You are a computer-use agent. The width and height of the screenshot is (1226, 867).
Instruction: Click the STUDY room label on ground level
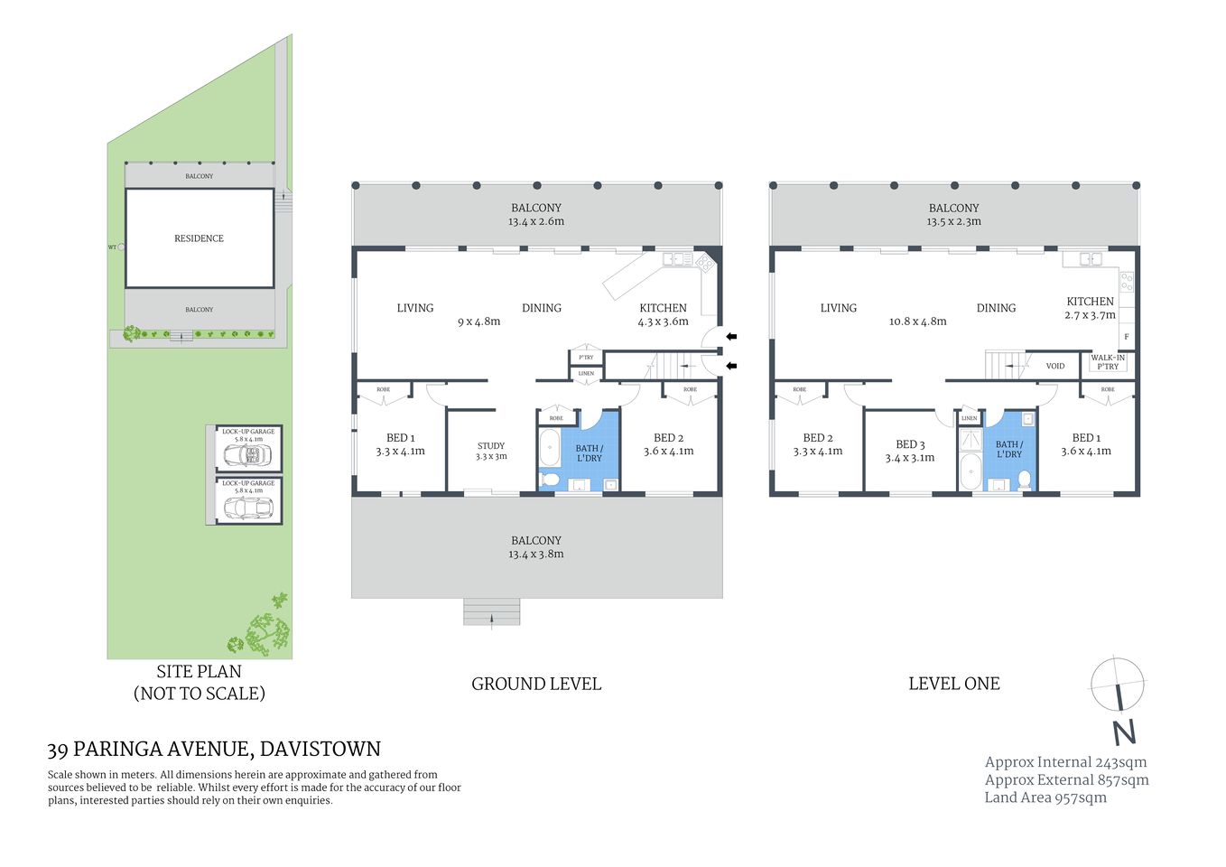tap(491, 445)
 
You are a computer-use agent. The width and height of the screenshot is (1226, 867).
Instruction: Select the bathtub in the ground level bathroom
tap(550, 447)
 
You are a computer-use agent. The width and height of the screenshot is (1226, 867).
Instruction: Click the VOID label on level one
tap(1054, 366)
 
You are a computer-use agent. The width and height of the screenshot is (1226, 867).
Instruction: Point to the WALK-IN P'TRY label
tap(1108, 362)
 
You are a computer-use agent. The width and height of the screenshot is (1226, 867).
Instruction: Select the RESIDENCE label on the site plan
tap(199, 238)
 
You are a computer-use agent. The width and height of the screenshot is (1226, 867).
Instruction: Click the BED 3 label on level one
tap(910, 444)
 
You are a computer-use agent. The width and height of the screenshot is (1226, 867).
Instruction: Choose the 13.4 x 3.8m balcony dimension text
tap(535, 555)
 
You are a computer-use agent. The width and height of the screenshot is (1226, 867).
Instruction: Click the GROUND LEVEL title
tap(536, 685)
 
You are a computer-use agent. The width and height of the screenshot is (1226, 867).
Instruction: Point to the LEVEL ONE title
tap(953, 685)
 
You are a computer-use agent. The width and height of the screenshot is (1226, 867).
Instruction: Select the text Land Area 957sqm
tap(1045, 797)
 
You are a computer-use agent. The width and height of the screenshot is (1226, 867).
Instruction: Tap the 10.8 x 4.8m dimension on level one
tap(917, 322)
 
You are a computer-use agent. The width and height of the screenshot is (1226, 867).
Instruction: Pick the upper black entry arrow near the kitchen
tap(731, 337)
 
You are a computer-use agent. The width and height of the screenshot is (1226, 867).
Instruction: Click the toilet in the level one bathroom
tap(1024, 479)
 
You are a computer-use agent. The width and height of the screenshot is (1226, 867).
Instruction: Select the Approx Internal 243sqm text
tap(1065, 762)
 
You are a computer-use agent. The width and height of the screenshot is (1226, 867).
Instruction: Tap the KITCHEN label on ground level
tap(663, 308)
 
